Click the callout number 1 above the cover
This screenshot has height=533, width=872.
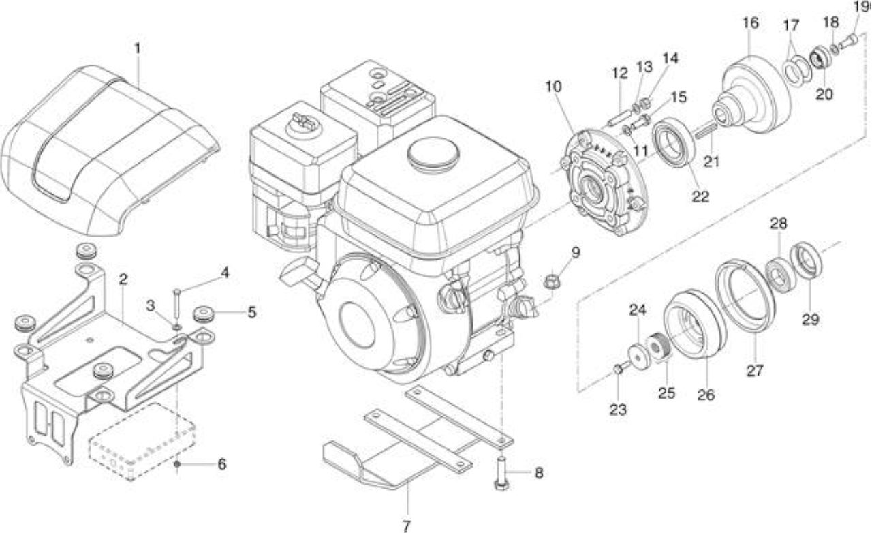coord(137,48)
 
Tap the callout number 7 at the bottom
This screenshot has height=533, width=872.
coord(405,526)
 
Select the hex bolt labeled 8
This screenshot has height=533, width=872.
coord(501,473)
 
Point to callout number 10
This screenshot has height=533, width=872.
coord(553,86)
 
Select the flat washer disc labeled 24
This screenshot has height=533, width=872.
coord(639,356)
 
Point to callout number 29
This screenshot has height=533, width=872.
coord(811,320)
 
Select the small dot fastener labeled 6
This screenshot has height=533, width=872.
coord(177,464)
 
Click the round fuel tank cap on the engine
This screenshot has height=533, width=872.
coord(433,155)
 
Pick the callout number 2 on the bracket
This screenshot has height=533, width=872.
coord(123,279)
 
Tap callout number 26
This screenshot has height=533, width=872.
coord(706,395)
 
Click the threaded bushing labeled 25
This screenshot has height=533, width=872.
coord(659,346)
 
